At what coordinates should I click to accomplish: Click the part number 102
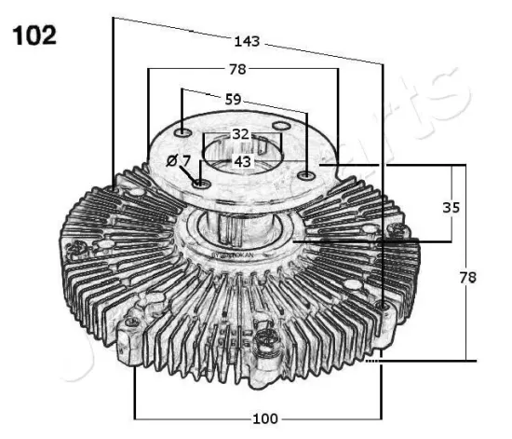click(34, 35)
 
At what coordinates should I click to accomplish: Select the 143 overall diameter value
click(247, 41)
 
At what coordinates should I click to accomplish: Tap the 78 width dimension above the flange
click(237, 70)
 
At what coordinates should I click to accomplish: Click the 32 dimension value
click(241, 134)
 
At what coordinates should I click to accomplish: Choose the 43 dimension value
click(243, 161)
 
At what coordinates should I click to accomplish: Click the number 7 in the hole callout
click(186, 161)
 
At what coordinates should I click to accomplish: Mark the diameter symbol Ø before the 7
click(172, 161)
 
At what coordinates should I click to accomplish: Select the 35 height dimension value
click(451, 208)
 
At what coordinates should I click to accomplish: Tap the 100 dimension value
click(265, 418)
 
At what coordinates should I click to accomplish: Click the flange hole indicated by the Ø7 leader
click(202, 184)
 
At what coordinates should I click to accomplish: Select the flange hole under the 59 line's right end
click(307, 174)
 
